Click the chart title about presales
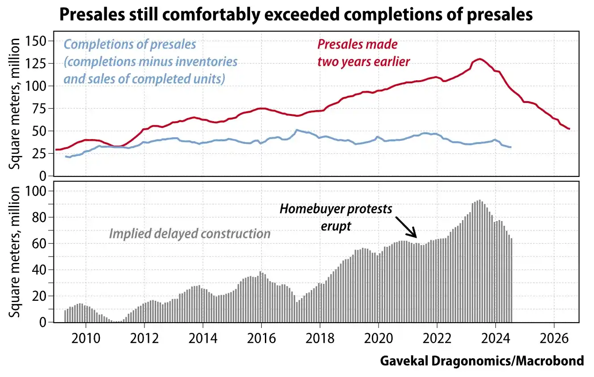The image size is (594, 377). point(296,15)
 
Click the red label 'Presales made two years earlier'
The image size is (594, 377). point(363,53)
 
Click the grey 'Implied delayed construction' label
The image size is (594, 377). point(190,234)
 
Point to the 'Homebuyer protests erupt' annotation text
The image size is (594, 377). point(336,217)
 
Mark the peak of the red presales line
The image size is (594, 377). point(479,59)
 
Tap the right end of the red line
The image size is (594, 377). point(569,129)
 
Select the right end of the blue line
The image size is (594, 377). point(511,147)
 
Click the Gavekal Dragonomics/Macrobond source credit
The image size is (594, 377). point(482,361)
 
